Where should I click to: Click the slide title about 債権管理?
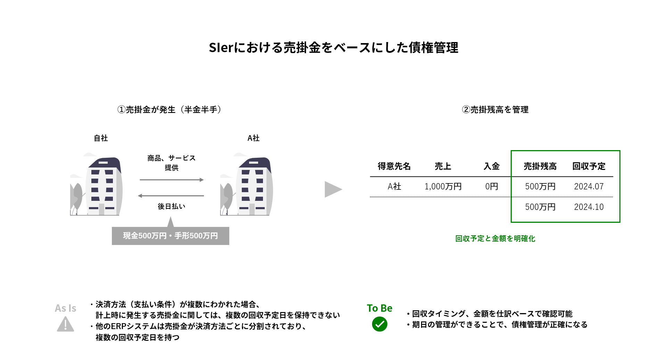(333, 48)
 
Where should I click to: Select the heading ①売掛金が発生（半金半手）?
(170, 110)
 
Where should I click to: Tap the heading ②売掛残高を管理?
(495, 110)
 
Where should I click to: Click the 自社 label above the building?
(101, 138)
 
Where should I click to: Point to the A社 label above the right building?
(253, 138)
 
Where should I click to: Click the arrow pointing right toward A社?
(172, 180)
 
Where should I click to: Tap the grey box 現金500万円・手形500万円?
(170, 236)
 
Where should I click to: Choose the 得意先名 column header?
(394, 166)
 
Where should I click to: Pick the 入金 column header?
(492, 166)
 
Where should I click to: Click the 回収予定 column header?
(589, 166)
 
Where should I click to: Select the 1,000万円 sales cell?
(443, 187)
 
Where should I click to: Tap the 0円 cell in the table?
(492, 187)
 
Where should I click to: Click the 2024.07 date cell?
(589, 187)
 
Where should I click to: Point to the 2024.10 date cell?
(589, 207)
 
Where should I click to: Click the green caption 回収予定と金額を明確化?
(495, 239)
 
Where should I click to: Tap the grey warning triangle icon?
(65, 325)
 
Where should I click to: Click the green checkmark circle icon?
(379, 324)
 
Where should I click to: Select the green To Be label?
(379, 308)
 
